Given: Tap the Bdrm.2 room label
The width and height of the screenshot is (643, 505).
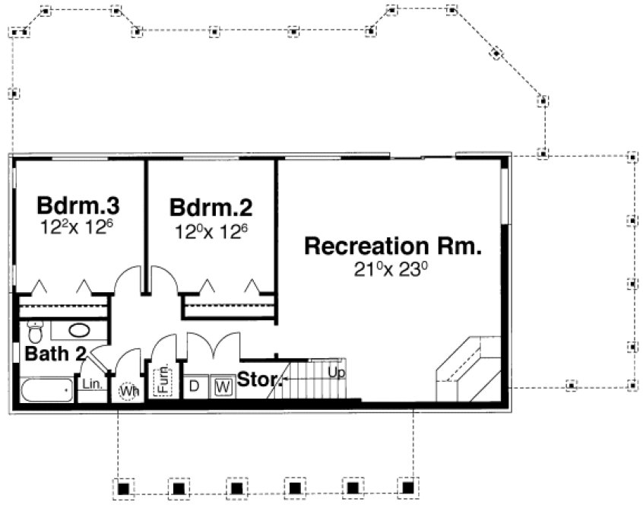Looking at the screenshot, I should pos(211,207).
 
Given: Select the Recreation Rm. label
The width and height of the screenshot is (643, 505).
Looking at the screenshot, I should pos(393,247).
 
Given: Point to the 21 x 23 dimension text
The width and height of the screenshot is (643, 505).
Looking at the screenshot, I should pos(393,268).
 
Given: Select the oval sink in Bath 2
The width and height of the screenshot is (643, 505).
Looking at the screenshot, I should pos(78,331).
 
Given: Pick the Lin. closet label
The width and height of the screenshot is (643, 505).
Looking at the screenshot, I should pos(92,385).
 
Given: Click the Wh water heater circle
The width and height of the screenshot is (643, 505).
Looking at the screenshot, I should pos(128,391).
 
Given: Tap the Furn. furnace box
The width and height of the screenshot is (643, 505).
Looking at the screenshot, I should pos(164,380).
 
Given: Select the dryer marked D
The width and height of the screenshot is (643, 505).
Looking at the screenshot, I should pos(195,386).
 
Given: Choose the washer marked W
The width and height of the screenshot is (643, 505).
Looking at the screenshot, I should pos(223,386).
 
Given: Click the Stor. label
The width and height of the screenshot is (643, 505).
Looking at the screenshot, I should pos(258,378).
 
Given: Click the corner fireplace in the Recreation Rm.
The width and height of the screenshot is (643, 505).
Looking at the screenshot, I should pos(467,370).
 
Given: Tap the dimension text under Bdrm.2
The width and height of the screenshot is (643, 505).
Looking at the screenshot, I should pos(211,227).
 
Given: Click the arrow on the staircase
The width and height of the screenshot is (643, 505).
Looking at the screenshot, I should pos(287,377).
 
